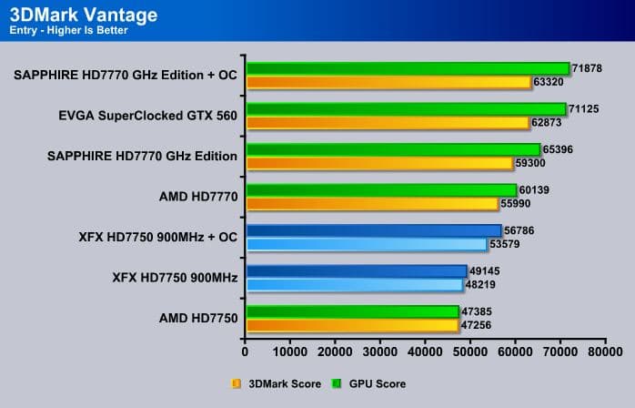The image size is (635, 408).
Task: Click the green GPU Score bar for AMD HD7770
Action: (381, 190)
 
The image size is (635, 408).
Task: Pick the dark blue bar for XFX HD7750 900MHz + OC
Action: (373, 230)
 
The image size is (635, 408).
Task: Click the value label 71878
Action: (589, 68)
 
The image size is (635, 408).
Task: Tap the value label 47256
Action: (478, 324)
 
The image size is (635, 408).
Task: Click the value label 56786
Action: (520, 230)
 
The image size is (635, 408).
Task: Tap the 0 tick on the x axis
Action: (246, 349)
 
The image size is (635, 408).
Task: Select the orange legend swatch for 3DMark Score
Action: (237, 383)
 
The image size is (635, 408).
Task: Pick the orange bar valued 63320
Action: (388, 82)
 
